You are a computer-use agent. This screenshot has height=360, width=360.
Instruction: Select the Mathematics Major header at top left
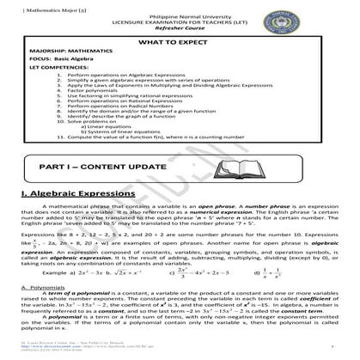click(29, 5)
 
